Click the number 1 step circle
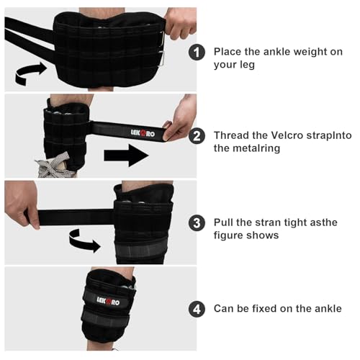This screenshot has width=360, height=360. (197, 52)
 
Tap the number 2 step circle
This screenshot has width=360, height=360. (197, 136)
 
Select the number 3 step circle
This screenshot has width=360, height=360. (197, 222)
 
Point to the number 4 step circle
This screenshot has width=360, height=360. (197, 309)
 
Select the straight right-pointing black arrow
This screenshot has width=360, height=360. (126, 156)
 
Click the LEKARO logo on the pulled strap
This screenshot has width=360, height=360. (143, 132)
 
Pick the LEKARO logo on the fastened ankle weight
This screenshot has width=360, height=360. (108, 301)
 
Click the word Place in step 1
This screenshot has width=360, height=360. (228, 52)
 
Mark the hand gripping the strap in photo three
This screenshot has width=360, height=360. (22, 204)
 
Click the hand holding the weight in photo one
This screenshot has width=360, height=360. (180, 23)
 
